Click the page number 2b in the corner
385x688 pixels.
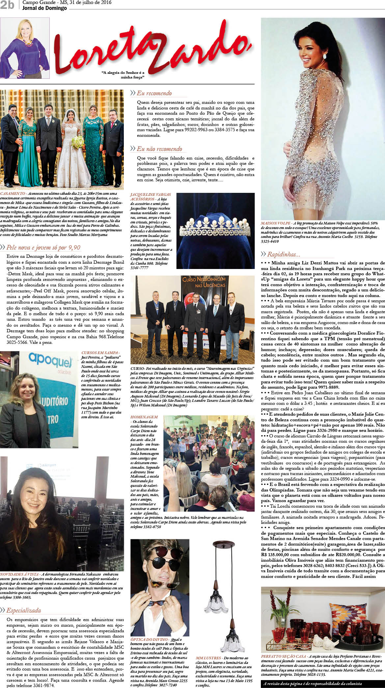coord(7,6)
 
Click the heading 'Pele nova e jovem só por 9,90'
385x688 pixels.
coord(43,247)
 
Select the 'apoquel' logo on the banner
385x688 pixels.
coord(50,361)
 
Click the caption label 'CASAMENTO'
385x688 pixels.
coord(13,193)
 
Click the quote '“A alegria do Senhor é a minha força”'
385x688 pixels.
coord(123,75)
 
